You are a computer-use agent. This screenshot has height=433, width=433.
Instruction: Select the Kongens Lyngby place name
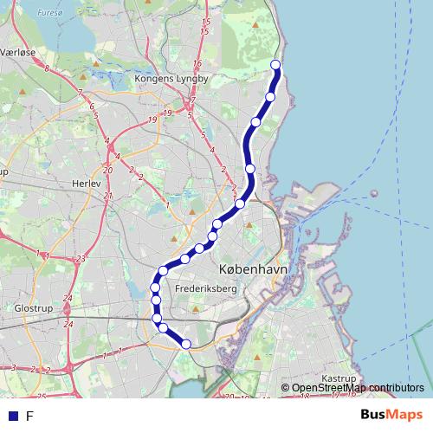coord(172,79)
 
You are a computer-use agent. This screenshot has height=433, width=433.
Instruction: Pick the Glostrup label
coord(35,308)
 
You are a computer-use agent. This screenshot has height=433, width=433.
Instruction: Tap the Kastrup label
coord(339,379)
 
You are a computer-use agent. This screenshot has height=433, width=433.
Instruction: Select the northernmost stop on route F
coord(276,65)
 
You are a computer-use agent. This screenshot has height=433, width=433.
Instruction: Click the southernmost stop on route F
coord(185,345)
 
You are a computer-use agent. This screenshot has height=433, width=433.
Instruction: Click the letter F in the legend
coord(29,416)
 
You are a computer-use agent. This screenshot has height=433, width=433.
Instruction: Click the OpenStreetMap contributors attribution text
coord(358,388)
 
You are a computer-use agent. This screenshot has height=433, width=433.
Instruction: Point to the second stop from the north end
coord(270,96)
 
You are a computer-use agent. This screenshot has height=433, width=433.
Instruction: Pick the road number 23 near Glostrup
coord(81,259)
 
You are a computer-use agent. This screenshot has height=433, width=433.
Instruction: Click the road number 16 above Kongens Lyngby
coord(197,64)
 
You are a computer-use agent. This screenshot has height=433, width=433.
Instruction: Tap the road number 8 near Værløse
coord(46,68)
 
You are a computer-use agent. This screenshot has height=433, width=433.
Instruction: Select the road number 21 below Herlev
coord(108,196)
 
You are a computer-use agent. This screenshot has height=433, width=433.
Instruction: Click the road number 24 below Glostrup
coord(69,324)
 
